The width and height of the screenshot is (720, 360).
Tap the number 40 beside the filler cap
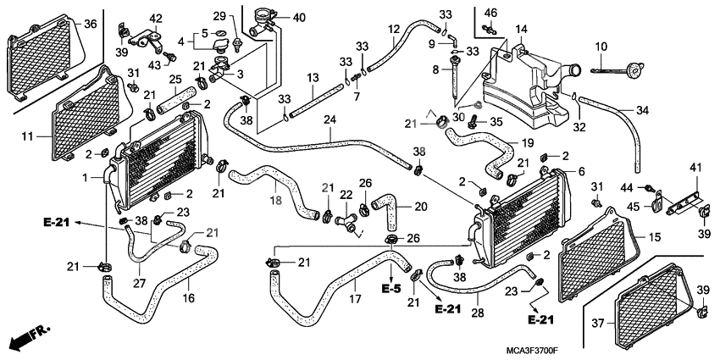(x=299, y=18)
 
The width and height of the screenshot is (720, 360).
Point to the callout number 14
(x=521, y=30)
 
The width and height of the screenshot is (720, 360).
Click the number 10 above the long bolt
(x=601, y=46)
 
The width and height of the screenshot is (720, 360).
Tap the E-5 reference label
(x=390, y=290)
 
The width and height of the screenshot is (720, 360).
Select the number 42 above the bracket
(x=156, y=19)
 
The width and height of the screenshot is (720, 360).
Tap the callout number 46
(x=489, y=13)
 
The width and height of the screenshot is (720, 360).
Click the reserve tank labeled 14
(x=525, y=85)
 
